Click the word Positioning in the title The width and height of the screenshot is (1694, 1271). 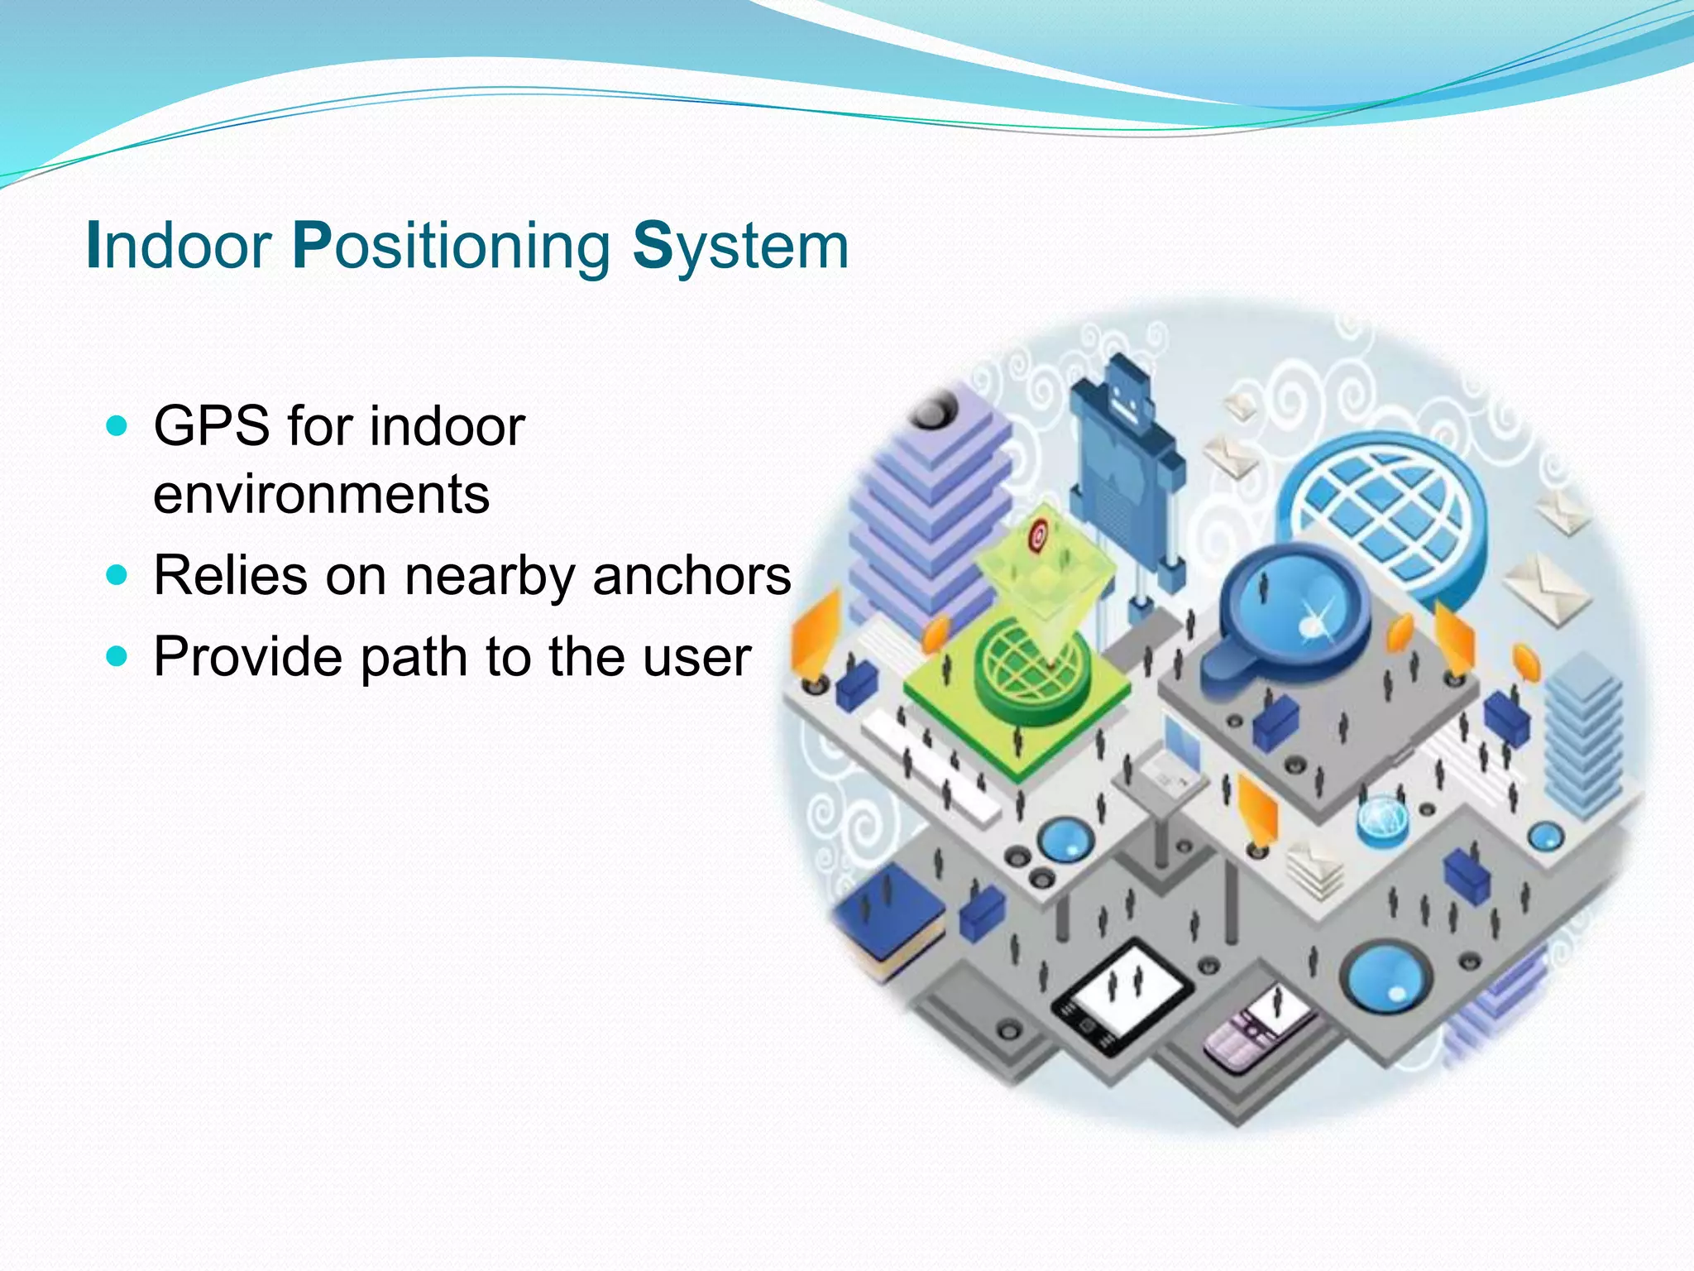coord(452,246)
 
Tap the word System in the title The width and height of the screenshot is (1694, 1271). coord(740,246)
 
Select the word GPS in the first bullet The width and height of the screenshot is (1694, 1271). coord(211,426)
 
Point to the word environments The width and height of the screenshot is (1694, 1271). coord(321,494)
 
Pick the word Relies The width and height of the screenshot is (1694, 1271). coord(231,575)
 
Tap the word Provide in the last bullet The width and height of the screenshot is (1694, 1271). coord(247,656)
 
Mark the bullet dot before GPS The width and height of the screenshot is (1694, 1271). coord(117,426)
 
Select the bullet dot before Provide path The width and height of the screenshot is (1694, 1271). coord(117,656)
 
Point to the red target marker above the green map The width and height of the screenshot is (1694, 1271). coord(1038,535)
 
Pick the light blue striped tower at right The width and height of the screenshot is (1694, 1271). coord(1582,736)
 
